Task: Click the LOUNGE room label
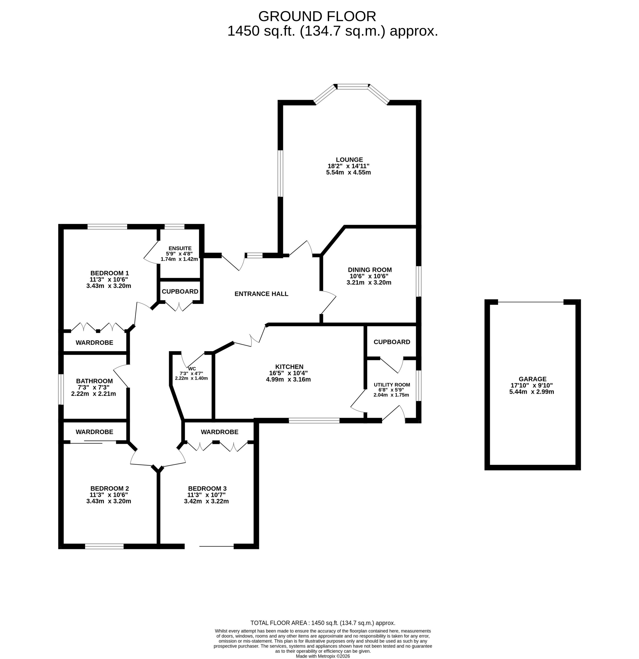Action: (x=349, y=160)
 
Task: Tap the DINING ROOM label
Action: (x=370, y=270)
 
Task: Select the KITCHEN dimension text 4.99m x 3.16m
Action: (x=288, y=380)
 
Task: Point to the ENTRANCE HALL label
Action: (x=261, y=294)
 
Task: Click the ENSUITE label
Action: (x=180, y=248)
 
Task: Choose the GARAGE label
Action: (x=532, y=379)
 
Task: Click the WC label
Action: (x=192, y=369)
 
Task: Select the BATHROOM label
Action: (x=94, y=381)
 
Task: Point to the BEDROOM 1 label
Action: (x=110, y=273)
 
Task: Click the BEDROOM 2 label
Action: (x=110, y=488)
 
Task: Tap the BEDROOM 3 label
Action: (x=207, y=488)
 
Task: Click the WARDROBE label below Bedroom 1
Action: (x=94, y=343)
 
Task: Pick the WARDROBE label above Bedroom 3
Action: (x=220, y=432)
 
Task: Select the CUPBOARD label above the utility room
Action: (x=392, y=342)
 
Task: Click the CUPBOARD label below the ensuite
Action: (x=180, y=291)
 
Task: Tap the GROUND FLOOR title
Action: (x=317, y=16)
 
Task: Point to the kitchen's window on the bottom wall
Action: (x=314, y=420)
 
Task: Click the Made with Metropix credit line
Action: (x=323, y=656)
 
